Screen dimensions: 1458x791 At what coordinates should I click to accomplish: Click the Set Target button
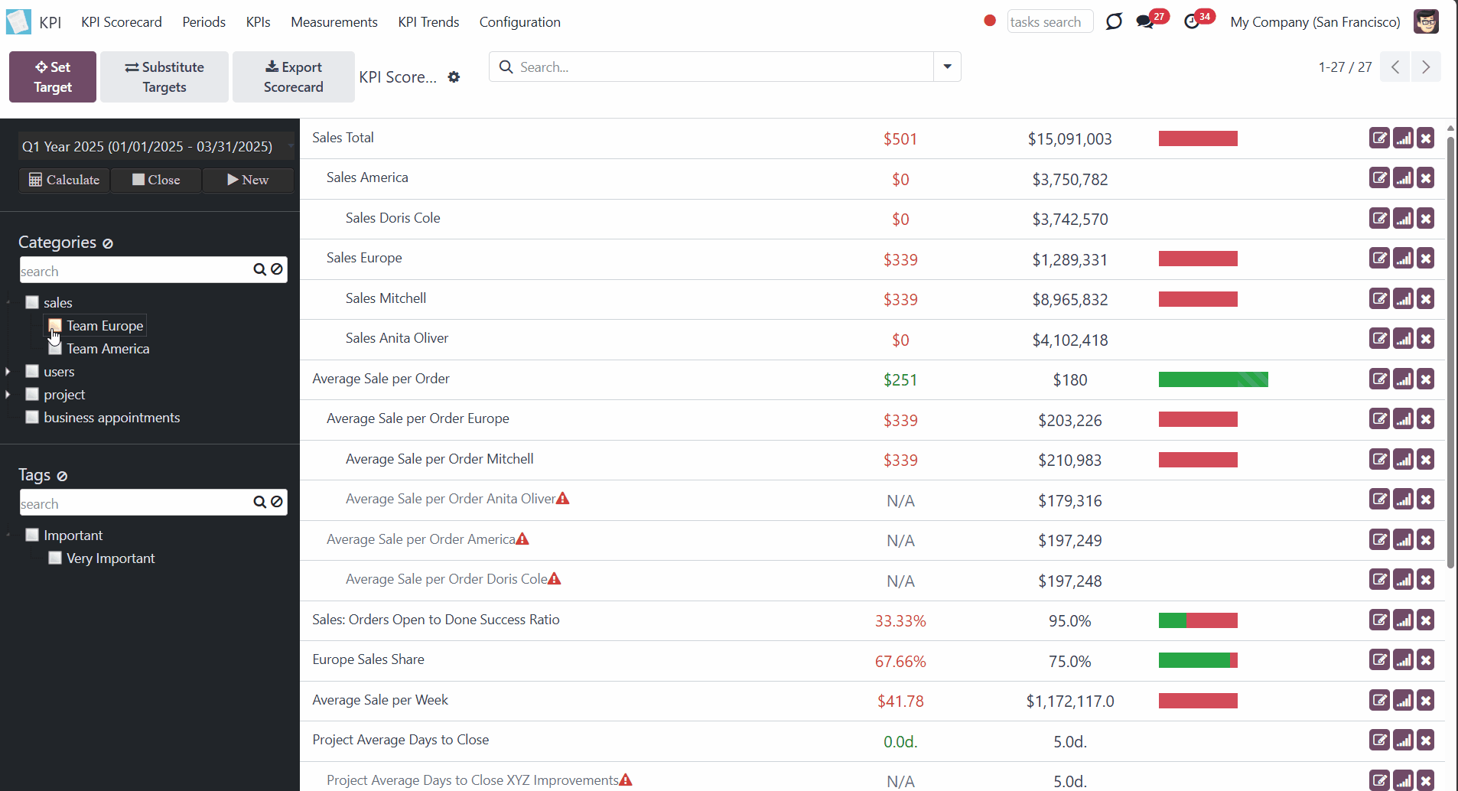[53, 76]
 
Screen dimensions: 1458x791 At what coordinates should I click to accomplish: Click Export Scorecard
[294, 76]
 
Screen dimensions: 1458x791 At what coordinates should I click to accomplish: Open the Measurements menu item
[334, 22]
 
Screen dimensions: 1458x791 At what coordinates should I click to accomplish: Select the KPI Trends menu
[428, 22]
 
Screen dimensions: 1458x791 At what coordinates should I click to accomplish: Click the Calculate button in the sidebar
[64, 180]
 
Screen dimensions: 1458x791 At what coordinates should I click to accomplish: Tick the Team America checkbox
[55, 349]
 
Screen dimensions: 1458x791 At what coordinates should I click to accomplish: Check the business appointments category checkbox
[32, 417]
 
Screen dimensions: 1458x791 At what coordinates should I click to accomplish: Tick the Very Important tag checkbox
[55, 558]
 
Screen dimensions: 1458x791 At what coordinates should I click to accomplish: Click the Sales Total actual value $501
[900, 138]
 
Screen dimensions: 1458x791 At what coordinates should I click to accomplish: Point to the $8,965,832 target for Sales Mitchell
[1070, 300]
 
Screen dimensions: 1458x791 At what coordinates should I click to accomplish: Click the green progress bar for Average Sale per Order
[1213, 379]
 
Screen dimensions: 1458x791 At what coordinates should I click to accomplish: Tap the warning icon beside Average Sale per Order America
[522, 539]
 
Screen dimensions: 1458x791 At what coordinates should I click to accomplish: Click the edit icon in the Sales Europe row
[1379, 259]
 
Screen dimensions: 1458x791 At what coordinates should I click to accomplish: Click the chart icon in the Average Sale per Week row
[1403, 700]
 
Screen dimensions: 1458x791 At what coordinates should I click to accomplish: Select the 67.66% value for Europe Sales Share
[900, 661]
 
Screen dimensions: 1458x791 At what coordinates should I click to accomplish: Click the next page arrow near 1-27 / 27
[1426, 67]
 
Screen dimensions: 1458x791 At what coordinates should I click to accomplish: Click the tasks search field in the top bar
[1050, 21]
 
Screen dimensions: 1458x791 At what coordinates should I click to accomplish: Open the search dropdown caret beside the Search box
[947, 67]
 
